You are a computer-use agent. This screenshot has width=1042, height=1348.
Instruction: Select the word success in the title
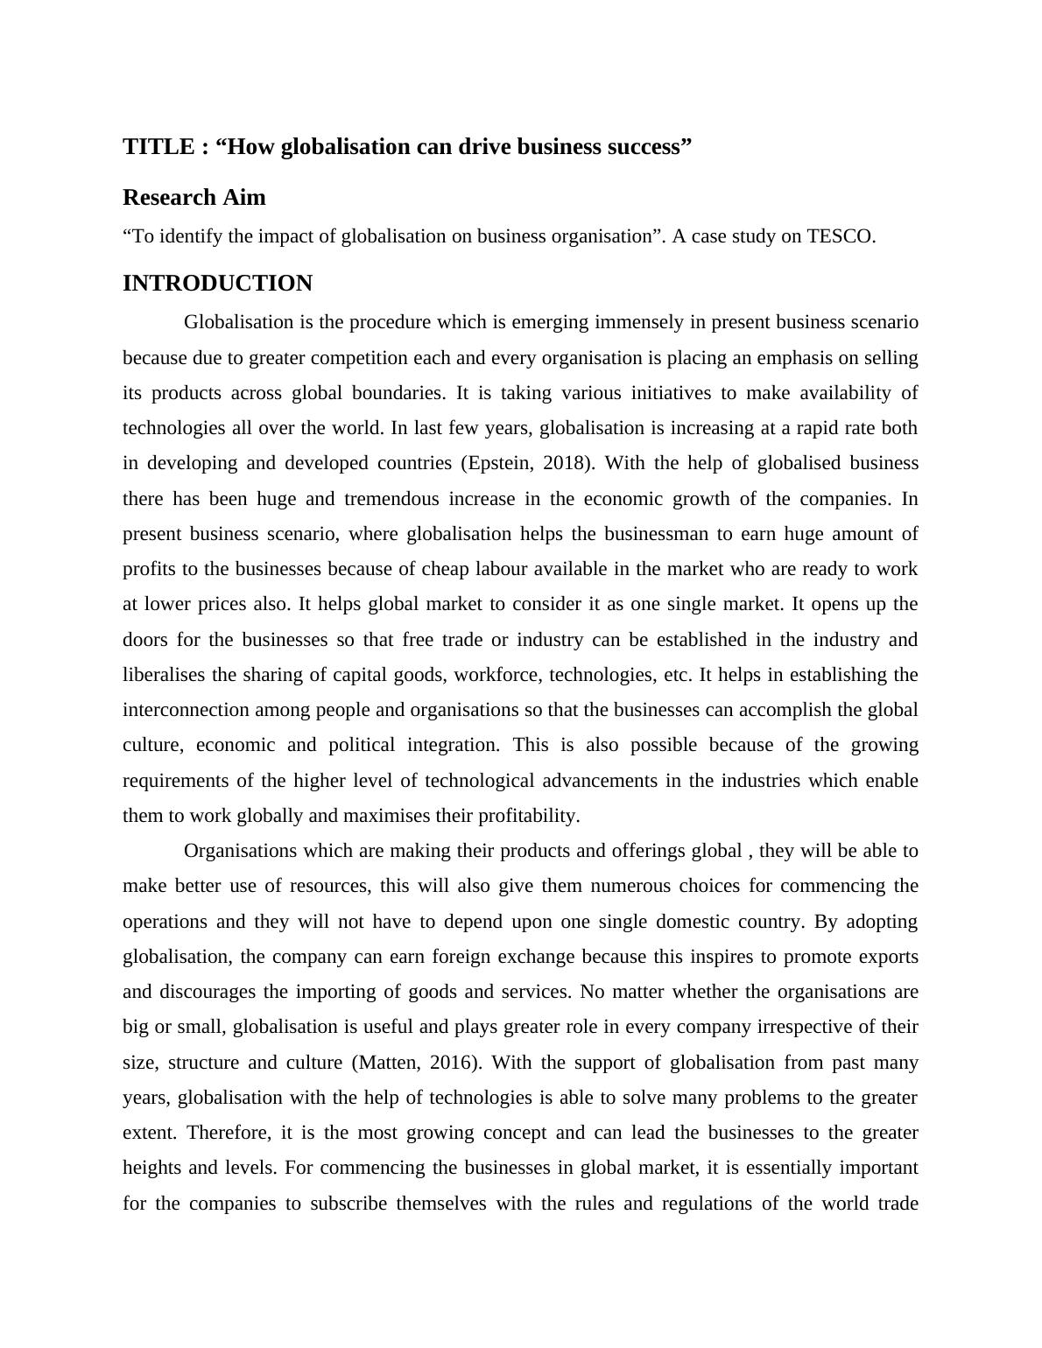point(647,146)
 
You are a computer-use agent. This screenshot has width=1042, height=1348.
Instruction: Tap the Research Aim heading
point(194,197)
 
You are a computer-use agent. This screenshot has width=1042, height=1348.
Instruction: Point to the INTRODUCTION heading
point(217,283)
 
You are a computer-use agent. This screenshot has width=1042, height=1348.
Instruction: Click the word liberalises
point(165,675)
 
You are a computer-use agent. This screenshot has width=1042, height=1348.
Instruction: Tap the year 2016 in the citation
point(452,1063)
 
